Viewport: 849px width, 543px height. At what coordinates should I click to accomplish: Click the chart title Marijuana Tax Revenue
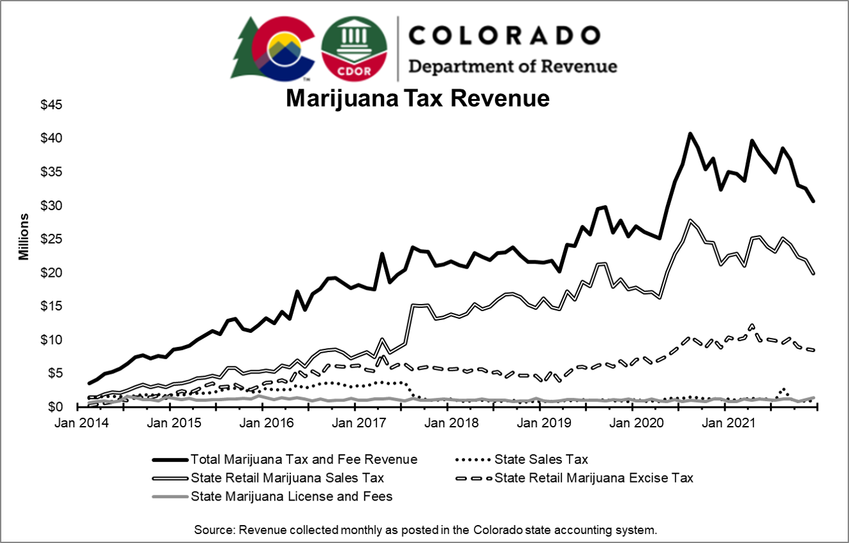coord(417,98)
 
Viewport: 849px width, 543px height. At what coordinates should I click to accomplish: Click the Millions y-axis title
coord(23,236)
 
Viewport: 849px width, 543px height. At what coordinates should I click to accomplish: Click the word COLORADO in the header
coord(504,35)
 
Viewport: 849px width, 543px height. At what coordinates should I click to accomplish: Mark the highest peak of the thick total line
coord(690,134)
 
